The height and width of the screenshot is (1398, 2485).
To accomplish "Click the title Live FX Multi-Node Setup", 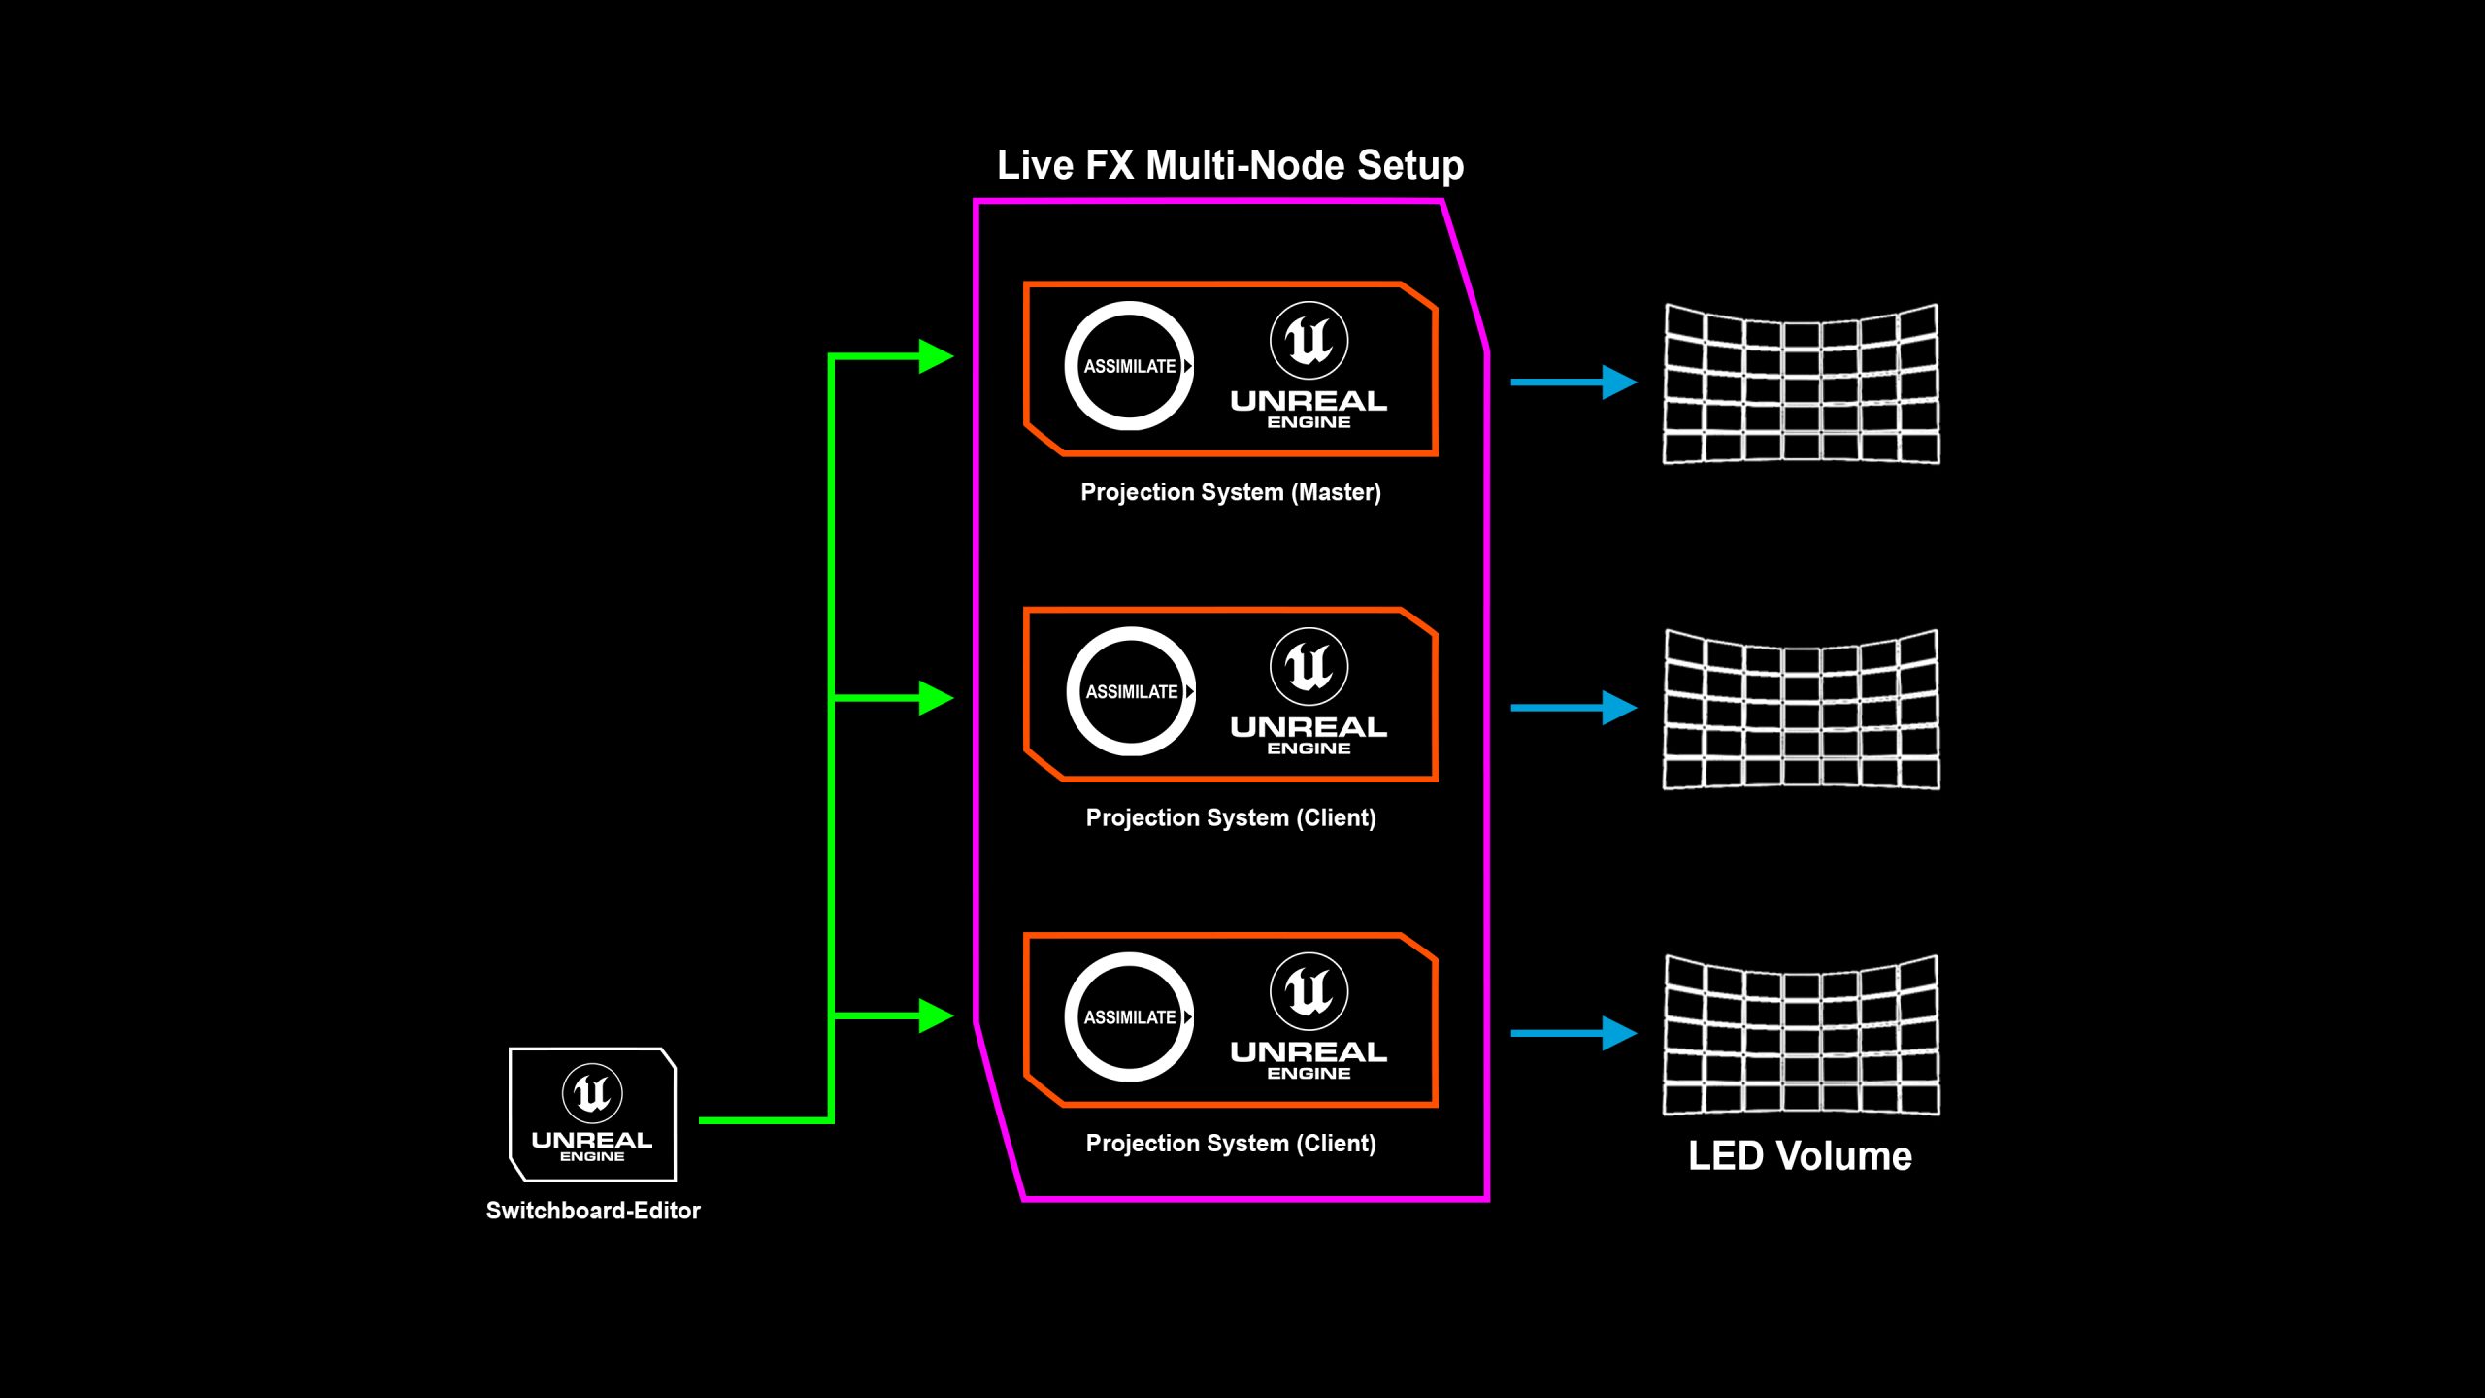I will coord(1230,165).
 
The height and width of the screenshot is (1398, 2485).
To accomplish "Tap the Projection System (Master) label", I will coord(1230,492).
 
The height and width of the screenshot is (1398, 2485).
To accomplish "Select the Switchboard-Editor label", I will coord(592,1211).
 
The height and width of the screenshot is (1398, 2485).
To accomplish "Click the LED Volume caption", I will coord(1800,1156).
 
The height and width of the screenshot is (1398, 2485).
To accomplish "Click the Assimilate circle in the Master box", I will coord(1129,366).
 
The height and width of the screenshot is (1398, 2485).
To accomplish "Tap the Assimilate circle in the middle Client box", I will coord(1131,691).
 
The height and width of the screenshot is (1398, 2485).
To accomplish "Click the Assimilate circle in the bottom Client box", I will coord(1129,1016).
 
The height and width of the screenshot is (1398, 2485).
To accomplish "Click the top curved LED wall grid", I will coord(1801,384).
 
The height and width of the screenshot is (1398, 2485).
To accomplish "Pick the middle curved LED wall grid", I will coord(1801,710).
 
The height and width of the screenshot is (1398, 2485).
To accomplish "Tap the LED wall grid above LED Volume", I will coord(1801,1035).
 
